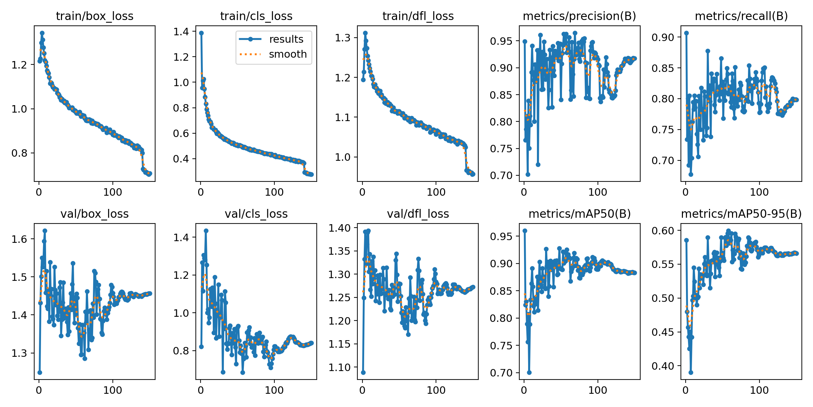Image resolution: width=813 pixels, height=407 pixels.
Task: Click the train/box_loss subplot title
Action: point(95,16)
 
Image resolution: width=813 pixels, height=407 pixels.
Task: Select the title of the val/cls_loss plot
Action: point(256,214)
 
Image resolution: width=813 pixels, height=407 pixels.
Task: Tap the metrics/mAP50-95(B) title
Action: point(741,214)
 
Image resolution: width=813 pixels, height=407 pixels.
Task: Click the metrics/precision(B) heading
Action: point(579,16)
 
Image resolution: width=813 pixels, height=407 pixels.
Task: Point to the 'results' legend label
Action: point(286,39)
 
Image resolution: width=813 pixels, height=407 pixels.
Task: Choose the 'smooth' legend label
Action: point(288,54)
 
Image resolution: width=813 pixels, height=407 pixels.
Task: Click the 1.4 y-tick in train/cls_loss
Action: point(182,32)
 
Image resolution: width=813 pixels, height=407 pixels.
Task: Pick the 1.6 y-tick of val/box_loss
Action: point(19,239)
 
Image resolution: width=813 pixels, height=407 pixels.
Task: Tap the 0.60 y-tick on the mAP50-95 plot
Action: point(663,231)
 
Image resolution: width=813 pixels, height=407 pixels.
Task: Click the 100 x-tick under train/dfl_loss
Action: point(436,192)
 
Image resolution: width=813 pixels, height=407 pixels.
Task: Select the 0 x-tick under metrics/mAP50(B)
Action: point(524,390)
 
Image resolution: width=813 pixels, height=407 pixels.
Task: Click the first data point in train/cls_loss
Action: point(201,33)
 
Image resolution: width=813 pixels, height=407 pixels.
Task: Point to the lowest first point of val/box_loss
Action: point(40,372)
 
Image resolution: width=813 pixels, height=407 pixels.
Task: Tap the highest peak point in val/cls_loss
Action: point(206,231)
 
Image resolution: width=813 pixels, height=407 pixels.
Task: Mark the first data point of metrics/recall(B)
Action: point(686,33)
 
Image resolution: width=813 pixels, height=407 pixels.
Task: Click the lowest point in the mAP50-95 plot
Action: point(691,372)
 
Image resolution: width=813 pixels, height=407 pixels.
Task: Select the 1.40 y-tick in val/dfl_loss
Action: point(340,228)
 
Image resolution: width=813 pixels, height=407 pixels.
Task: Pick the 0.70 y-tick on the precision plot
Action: point(501,176)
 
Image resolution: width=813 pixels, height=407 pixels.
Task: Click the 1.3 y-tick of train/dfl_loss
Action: point(342,38)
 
